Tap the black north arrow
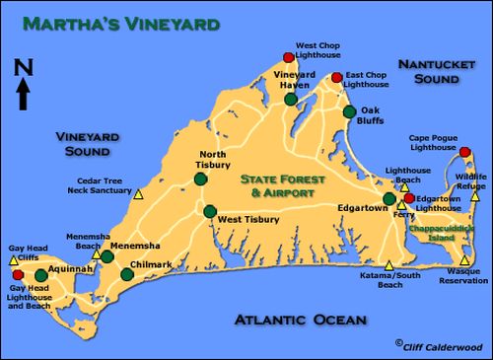[x=25, y=96]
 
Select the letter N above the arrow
[x=25, y=67]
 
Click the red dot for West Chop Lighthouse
[x=289, y=57]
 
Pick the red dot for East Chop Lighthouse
[x=336, y=77]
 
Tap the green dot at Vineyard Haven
[x=290, y=99]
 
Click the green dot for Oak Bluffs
[x=348, y=111]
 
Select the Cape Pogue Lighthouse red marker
[x=465, y=152]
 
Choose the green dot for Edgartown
[x=388, y=198]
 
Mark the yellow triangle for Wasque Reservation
[x=464, y=260]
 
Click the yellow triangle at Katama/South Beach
[x=389, y=264]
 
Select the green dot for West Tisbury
[x=209, y=210]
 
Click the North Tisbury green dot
[x=200, y=180]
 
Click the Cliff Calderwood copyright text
[x=441, y=345]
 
